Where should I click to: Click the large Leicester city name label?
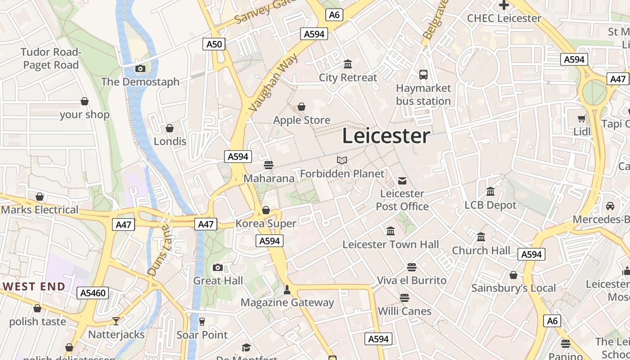(386, 136)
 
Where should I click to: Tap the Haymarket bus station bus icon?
(423, 74)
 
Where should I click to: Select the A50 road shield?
(214, 44)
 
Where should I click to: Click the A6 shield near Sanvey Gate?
(334, 15)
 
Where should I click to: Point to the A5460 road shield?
(93, 293)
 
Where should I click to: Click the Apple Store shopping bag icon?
(301, 107)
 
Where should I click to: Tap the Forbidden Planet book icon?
(342, 161)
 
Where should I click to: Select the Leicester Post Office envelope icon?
(402, 181)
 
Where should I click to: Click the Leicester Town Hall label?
(391, 245)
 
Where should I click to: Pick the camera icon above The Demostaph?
(140, 69)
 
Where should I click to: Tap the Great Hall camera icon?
(218, 268)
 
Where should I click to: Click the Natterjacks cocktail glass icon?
(116, 321)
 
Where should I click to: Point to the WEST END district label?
(34, 286)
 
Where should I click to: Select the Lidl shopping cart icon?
(581, 119)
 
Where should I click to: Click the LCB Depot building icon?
(490, 192)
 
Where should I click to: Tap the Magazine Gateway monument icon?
(287, 290)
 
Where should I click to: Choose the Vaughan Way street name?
(273, 82)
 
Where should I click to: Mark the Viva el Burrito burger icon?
(411, 267)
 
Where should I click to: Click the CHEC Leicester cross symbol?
(504, 5)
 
